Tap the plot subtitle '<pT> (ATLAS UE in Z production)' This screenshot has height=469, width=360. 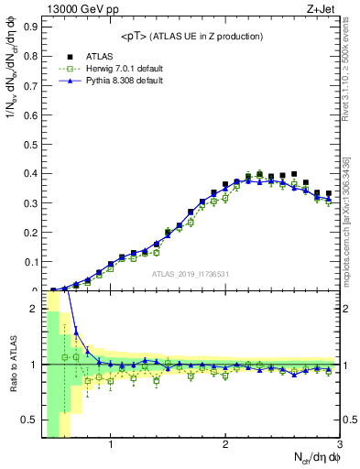[191, 36]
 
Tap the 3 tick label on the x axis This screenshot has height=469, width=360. [339, 445]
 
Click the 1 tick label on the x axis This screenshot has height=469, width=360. [111, 445]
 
